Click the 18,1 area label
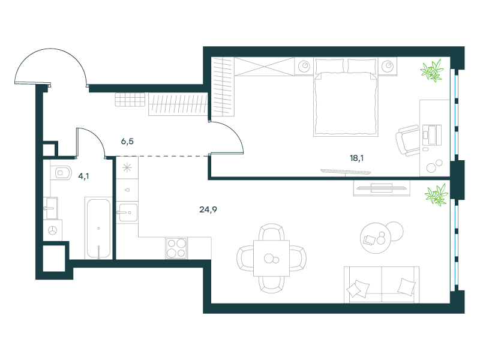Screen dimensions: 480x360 (356, 158)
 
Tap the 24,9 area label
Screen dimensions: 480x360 (208, 209)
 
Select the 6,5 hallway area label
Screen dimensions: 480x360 (127, 142)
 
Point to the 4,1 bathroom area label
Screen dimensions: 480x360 (83, 176)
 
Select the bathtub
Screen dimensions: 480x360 (98, 229)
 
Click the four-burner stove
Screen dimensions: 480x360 (176, 248)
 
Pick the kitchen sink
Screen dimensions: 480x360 (127, 212)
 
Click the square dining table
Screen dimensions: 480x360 (272, 259)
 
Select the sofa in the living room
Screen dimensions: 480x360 (382, 284)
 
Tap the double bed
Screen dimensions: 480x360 (346, 97)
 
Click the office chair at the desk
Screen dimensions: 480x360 (409, 140)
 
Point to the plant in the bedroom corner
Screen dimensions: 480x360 (432, 71)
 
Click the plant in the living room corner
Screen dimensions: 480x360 (437, 194)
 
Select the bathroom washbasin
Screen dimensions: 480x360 (52, 208)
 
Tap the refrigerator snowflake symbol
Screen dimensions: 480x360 (127, 167)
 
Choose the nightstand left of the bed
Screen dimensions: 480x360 (304, 66)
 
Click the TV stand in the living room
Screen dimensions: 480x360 (382, 188)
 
